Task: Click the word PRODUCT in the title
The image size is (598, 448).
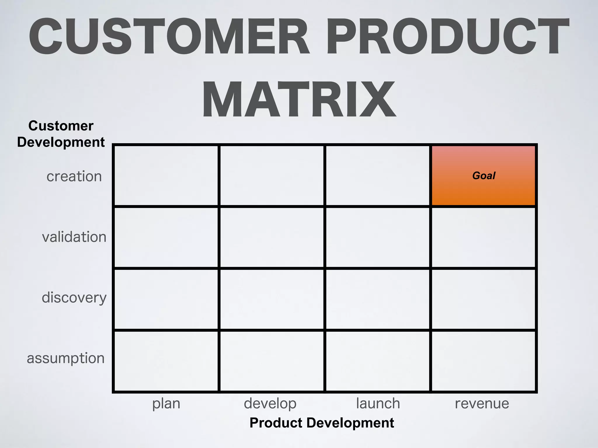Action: click(447, 36)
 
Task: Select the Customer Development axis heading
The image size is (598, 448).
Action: click(61, 134)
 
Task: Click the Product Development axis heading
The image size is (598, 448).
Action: click(322, 423)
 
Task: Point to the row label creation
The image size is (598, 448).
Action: click(74, 176)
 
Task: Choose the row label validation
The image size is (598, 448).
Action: click(74, 237)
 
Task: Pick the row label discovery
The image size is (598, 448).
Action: click(74, 298)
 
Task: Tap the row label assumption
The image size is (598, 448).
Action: click(66, 358)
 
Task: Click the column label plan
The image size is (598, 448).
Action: click(166, 404)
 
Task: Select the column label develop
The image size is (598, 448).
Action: click(270, 404)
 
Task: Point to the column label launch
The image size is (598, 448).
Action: click(378, 404)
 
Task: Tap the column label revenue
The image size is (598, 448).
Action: click(482, 404)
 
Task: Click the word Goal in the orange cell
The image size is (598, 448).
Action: click(484, 176)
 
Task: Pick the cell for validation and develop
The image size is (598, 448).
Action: click(272, 237)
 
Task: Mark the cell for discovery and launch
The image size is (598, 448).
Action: click(378, 299)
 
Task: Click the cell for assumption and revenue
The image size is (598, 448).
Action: click(483, 361)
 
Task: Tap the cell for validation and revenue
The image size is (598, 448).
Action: click(483, 237)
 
